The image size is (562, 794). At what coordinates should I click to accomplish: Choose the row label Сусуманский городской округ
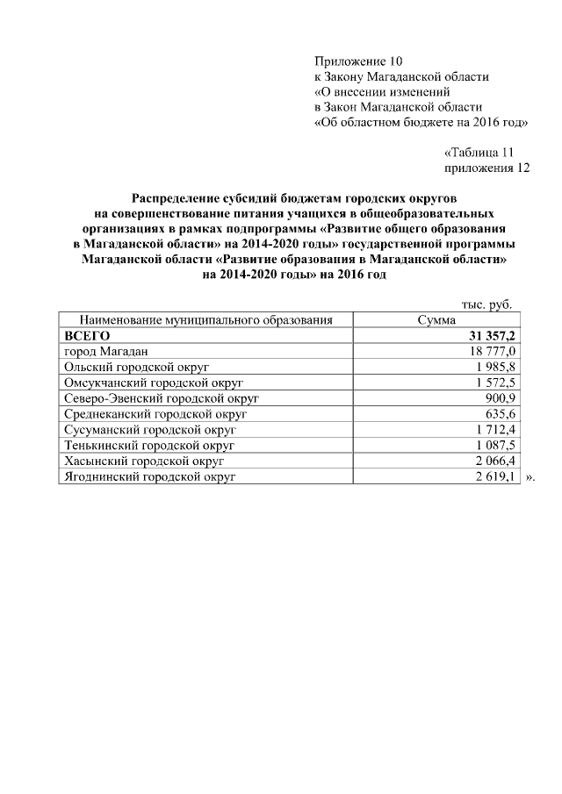150,430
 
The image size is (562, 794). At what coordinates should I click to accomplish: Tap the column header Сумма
436,320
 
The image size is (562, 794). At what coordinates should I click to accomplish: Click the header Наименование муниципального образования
206,320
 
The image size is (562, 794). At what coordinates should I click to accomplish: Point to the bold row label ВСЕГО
86,335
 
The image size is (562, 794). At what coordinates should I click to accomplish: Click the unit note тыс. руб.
486,304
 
